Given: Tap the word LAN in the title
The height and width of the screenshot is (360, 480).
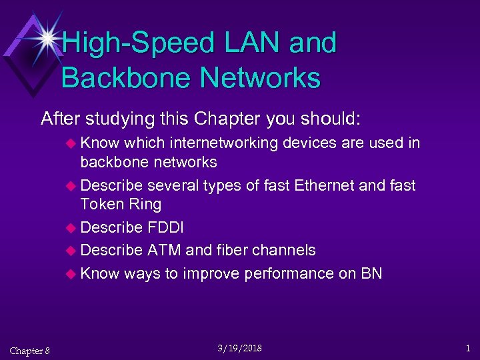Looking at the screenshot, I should tap(254, 44).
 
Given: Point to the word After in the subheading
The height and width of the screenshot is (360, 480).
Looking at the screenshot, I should tap(60, 119).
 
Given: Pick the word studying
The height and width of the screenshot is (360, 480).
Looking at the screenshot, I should tap(120, 119).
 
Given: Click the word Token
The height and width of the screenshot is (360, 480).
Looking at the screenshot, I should tap(101, 204).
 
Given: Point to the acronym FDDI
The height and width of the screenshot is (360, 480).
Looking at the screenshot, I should tap(166, 228).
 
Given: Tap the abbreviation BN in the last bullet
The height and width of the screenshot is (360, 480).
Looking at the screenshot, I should tap(371, 273).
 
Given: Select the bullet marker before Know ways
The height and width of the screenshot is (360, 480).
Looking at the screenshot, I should tap(73, 274).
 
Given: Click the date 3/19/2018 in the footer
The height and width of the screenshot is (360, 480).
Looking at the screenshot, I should tap(240, 348).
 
